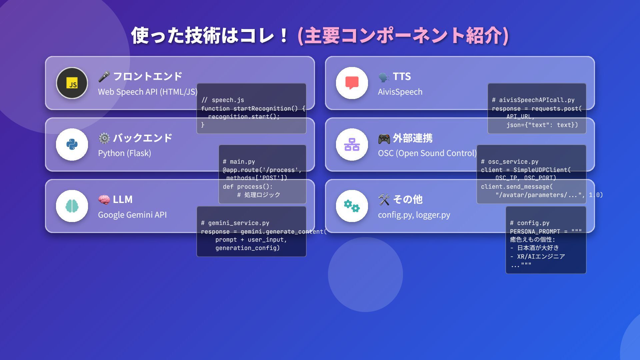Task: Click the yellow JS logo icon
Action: pyautogui.click(x=72, y=83)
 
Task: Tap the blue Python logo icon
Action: pyautogui.click(x=72, y=145)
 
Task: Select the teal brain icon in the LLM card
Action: pyautogui.click(x=72, y=206)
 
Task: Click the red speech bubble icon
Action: pyautogui.click(x=352, y=83)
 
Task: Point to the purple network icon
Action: pyautogui.click(x=352, y=145)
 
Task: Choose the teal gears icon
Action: pyautogui.click(x=352, y=206)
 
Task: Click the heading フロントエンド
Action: pyautogui.click(x=148, y=76)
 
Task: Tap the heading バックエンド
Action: pyautogui.click(x=143, y=138)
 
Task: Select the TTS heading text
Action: pyautogui.click(x=402, y=76)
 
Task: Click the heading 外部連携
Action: pyautogui.click(x=413, y=138)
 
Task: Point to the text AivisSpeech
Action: pyautogui.click(x=400, y=92)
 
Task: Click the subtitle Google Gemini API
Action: pyautogui.click(x=132, y=215)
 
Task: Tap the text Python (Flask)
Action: pyautogui.click(x=124, y=153)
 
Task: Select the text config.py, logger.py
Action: pyautogui.click(x=414, y=215)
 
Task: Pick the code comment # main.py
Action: pyautogui.click(x=239, y=162)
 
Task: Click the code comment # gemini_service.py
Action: pyautogui.click(x=235, y=223)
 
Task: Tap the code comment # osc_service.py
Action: pyautogui.click(x=510, y=162)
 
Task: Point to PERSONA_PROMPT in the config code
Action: pyautogui.click(x=535, y=231)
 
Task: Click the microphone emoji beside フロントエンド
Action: pyautogui.click(x=104, y=76)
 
